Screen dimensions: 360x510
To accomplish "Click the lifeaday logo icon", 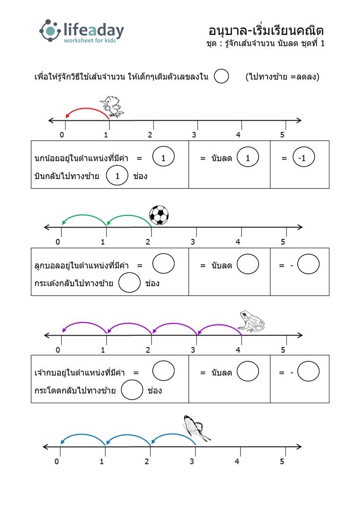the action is point(50,31).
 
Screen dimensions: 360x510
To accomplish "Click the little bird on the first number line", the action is point(111,106).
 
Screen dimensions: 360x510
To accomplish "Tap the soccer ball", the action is point(159,215).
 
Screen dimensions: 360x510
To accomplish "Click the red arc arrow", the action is point(87,109).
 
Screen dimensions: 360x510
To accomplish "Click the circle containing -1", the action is point(303,157).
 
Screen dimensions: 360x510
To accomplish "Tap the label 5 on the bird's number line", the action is point(282,135).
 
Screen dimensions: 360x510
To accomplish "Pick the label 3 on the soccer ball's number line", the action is point(193,242).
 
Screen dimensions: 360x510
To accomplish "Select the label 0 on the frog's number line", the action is point(58,350).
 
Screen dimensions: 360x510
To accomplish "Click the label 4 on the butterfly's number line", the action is point(237,461).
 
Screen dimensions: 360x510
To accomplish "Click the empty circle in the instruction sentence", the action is point(221,76).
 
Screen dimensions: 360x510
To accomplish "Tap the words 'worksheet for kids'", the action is point(90,40).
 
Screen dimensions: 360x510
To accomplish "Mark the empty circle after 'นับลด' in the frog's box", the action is point(248,371).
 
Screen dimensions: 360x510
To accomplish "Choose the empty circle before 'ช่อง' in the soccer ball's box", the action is point(129,282).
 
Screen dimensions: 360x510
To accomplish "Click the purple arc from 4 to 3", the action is point(219,324).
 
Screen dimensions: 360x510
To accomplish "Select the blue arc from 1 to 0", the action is point(83,435).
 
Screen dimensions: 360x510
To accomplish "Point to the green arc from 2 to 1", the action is point(129,215).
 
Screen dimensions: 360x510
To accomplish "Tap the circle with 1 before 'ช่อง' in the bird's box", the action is point(117,176).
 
